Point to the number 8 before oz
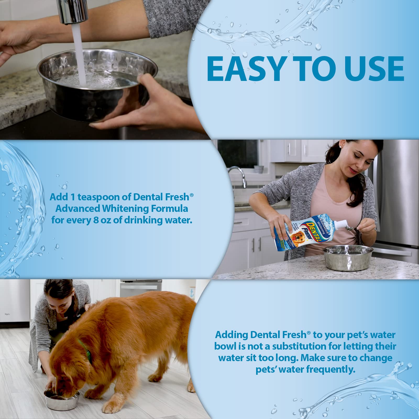coord(96,220)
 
